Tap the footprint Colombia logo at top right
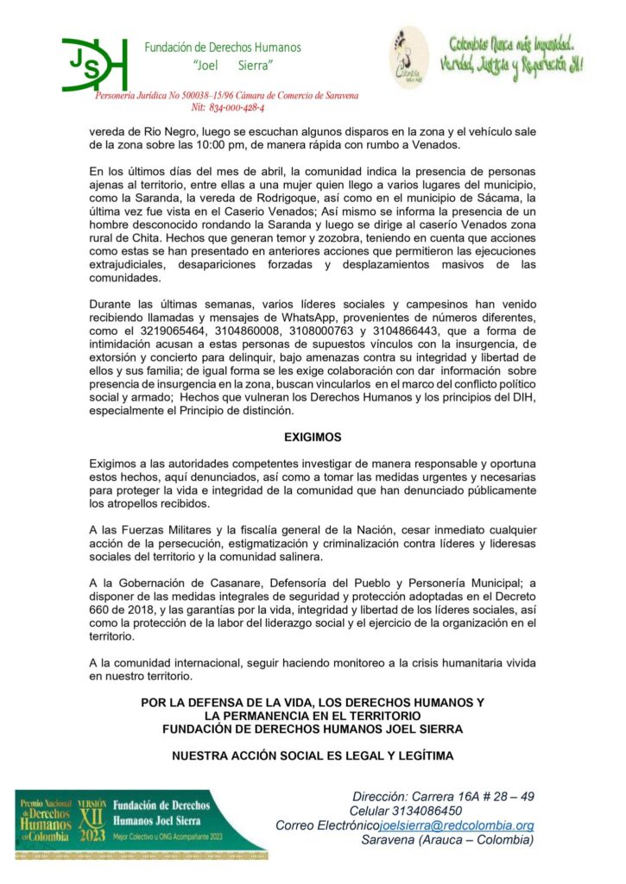point(408,55)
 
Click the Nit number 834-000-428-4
point(228,108)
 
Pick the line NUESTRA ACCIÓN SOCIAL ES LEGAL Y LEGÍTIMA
point(313,756)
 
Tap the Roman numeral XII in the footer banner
point(92,816)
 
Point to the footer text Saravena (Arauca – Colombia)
point(447,840)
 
